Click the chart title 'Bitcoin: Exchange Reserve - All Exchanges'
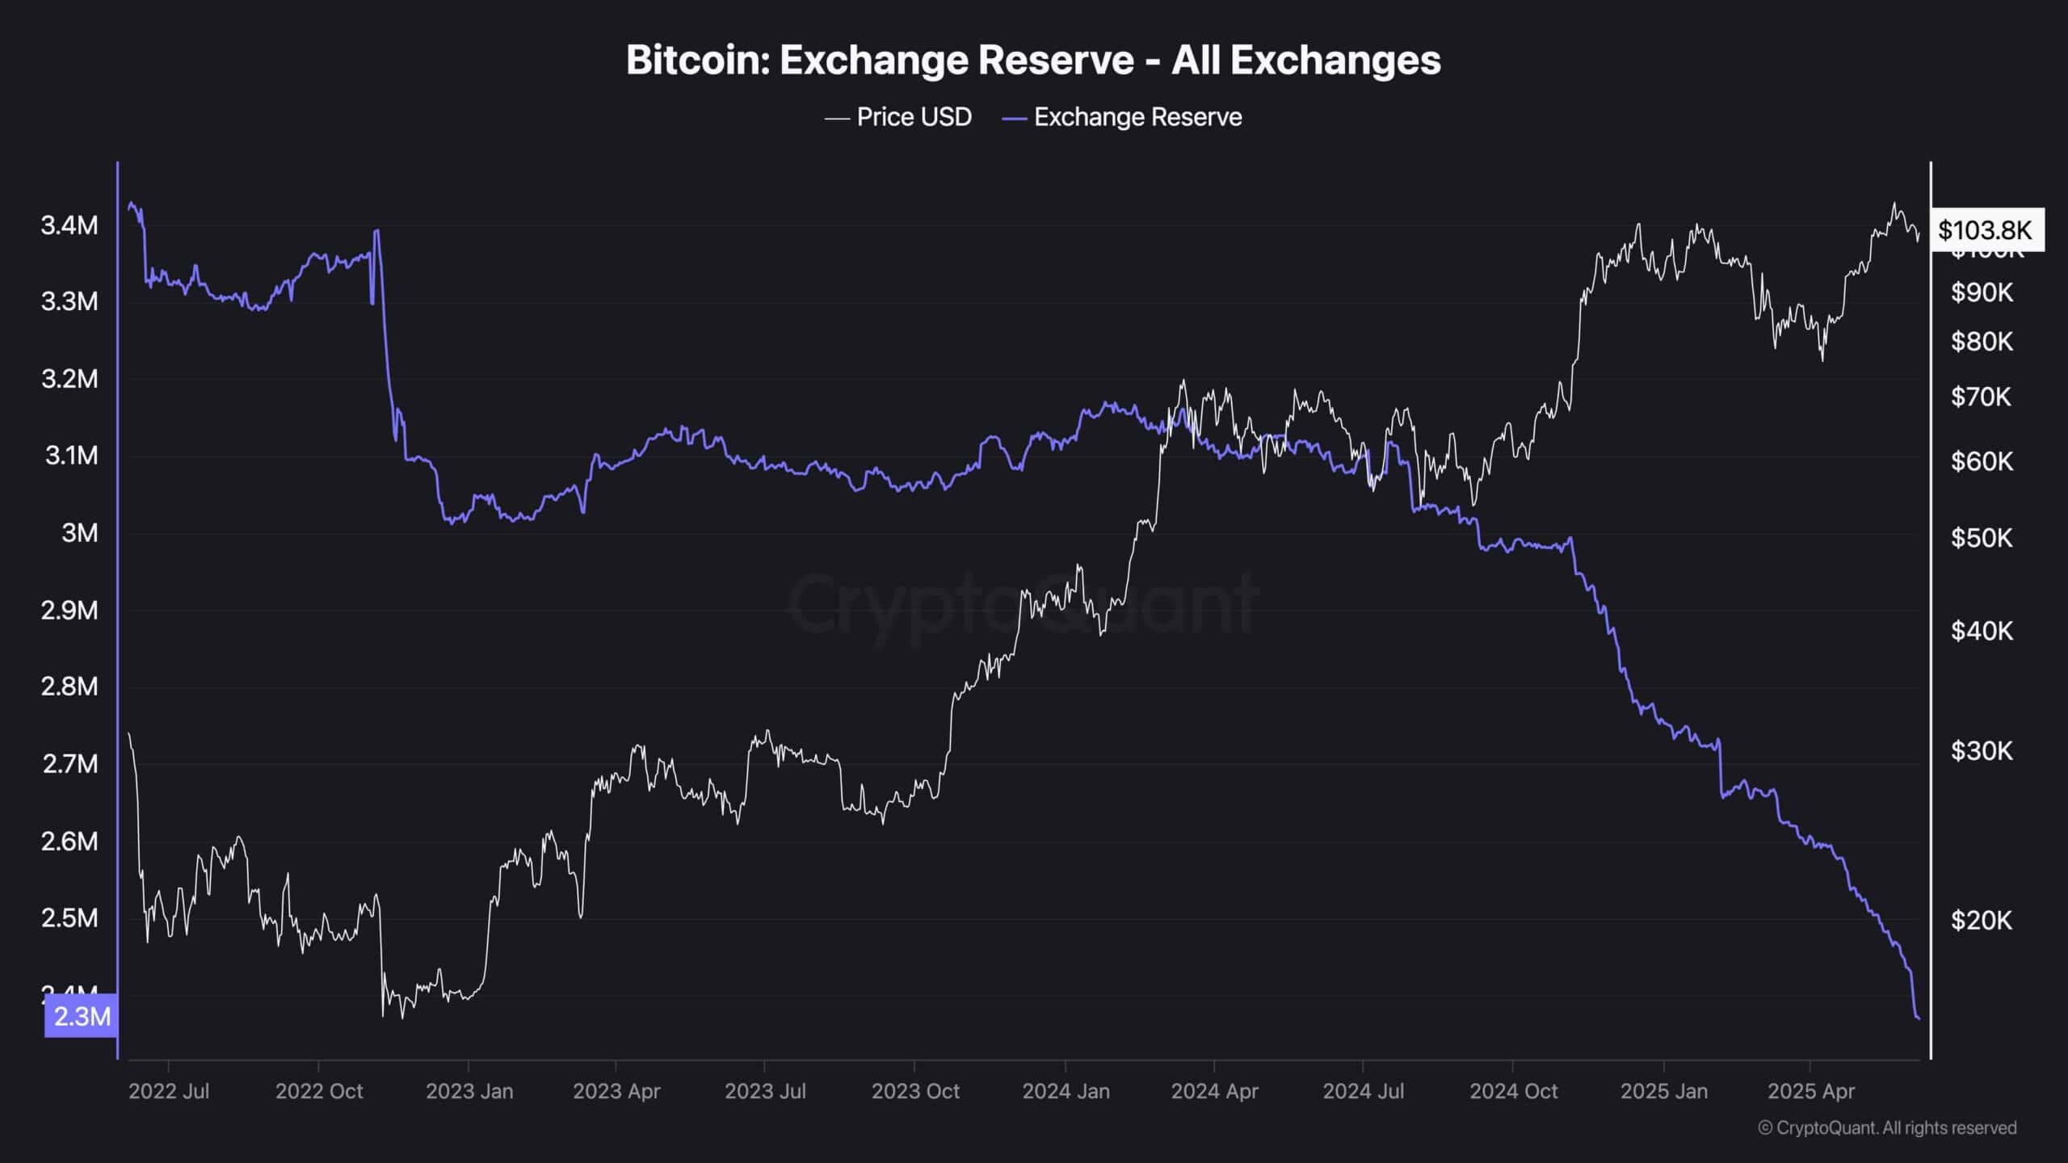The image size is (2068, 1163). point(1033,61)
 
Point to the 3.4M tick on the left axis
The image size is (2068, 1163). point(69,225)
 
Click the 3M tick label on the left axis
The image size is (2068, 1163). point(80,533)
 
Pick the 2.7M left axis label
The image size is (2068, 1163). point(69,763)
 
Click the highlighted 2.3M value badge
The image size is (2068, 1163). point(82,1016)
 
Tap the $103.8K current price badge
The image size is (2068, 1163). point(1985,230)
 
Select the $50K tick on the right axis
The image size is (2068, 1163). point(1982,537)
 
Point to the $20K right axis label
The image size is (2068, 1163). point(1982,920)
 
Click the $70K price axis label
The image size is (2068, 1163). point(1982,397)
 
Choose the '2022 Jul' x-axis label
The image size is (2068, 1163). point(169,1091)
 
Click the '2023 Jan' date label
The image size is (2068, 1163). point(469,1091)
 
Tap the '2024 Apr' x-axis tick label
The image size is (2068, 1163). point(1215,1091)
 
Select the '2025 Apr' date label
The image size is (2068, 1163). point(1811,1091)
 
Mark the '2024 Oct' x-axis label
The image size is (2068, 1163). point(1514,1091)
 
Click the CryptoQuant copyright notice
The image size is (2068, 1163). point(1887,1127)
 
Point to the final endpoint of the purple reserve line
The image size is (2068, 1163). point(1919,1018)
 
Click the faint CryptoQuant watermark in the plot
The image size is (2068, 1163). point(1023,604)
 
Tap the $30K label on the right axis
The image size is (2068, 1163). point(1982,751)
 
